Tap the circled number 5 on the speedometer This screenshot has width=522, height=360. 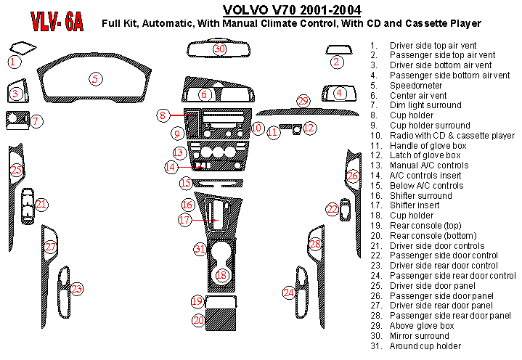click(x=95, y=78)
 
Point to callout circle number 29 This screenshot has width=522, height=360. click(x=303, y=99)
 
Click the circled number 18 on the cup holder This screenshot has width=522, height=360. click(x=222, y=275)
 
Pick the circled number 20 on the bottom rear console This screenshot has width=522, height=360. click(x=198, y=320)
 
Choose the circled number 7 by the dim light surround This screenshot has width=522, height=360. click(x=36, y=121)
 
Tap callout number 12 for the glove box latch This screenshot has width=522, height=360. click(x=310, y=128)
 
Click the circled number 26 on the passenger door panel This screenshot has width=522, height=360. click(x=352, y=176)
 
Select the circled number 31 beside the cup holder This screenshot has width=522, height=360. click(x=200, y=249)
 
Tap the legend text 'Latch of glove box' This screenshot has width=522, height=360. click(x=425, y=155)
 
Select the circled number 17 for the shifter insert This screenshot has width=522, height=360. click(x=185, y=219)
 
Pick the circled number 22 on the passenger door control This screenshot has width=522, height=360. click(x=333, y=209)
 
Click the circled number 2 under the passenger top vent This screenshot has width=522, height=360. click(x=336, y=62)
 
